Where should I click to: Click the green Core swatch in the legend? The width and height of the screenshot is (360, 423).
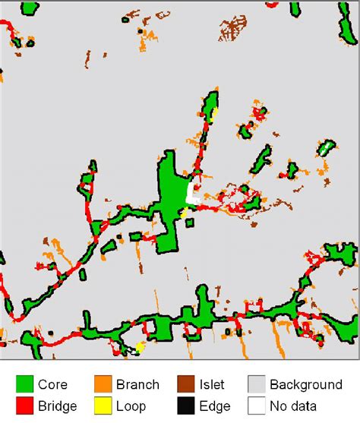pyautogui.click(x=25, y=385)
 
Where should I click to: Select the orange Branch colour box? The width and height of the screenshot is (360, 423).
pyautogui.click(x=105, y=385)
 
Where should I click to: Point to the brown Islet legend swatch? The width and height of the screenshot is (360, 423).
pyautogui.click(x=185, y=385)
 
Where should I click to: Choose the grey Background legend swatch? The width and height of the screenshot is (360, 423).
pyautogui.click(x=257, y=385)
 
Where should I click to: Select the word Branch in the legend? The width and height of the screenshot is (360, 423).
pyautogui.click(x=138, y=385)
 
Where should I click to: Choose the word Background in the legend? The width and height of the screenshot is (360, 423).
pyautogui.click(x=306, y=385)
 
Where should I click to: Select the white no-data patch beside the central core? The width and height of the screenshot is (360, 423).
pyautogui.click(x=192, y=191)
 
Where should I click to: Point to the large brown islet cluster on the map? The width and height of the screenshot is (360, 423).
pyautogui.click(x=232, y=29)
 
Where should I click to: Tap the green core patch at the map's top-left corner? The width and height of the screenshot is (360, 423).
pyautogui.click(x=29, y=9)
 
